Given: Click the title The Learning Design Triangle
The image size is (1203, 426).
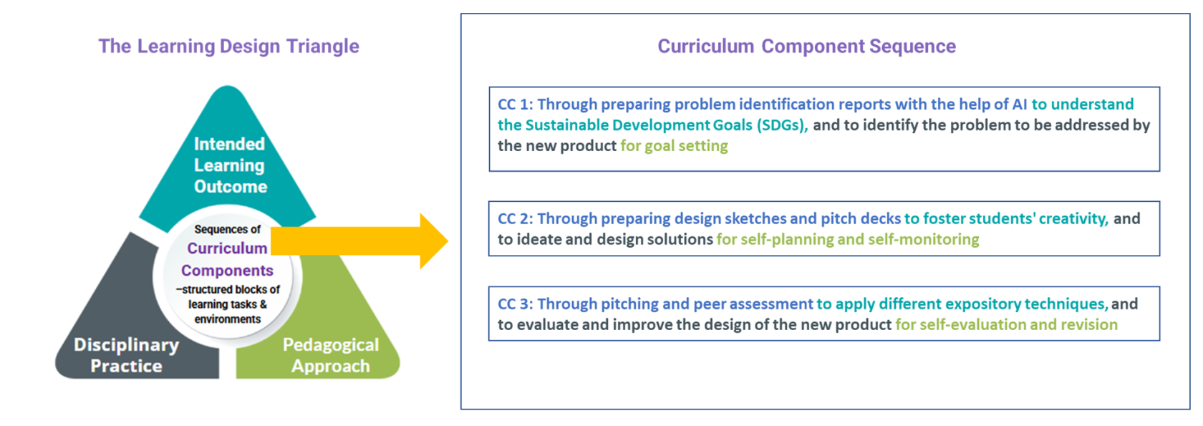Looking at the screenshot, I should pos(228,47).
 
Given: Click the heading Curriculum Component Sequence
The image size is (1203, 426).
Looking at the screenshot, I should pos(806,47).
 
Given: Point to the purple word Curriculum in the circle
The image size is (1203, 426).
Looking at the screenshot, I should pos(227,248).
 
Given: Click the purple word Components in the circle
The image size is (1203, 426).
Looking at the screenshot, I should pos(227,271).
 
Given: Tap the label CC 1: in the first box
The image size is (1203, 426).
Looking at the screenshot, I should pos(515,105).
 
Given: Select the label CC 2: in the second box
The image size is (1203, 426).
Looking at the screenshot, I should pos(515,219).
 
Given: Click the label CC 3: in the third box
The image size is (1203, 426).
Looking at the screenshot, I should pos(515,304).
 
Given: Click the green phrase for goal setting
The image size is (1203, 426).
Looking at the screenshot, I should pos(674,146).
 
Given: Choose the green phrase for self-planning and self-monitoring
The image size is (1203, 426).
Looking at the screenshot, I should pos(848,240).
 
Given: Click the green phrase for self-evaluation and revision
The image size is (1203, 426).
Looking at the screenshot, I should pos(1006,325).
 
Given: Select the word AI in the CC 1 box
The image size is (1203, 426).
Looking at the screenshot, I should pos(1020,105).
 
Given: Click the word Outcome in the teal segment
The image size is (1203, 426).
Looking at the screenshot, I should pos(231,187).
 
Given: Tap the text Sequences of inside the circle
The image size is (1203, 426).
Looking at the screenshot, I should pos(227,229).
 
